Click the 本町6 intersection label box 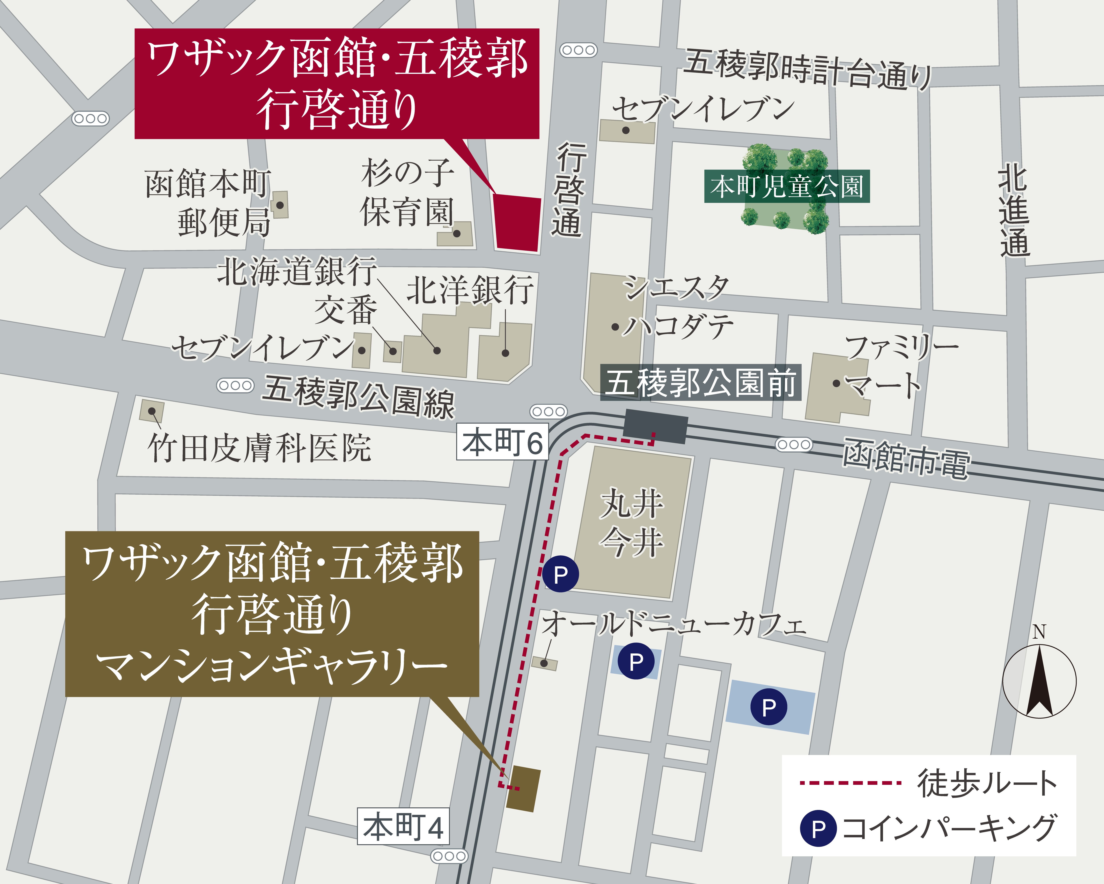tap(502, 442)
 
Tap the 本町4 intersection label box tap(403, 826)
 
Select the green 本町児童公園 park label tap(786, 186)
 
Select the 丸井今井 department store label tap(632, 523)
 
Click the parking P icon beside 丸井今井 tap(561, 574)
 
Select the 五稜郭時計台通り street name tap(807, 69)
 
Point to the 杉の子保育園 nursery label tap(407, 192)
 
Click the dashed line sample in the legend tap(850, 782)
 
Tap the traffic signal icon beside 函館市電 tap(794, 444)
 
